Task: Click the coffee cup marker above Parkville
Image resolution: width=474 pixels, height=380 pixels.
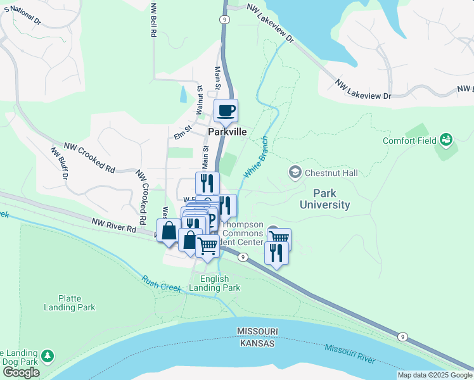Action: pos(226,111)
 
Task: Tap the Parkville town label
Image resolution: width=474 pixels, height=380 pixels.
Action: pos(227,133)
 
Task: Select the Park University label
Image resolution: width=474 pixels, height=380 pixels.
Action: pos(324,199)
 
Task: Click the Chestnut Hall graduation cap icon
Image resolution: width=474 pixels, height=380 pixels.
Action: pos(295,172)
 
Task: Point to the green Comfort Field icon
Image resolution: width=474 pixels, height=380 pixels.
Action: pos(447,139)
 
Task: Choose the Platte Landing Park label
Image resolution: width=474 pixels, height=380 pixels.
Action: pos(70,302)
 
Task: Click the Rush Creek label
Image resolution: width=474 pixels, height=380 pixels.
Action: pos(162,283)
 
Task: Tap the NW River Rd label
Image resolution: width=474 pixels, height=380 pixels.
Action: pos(114,224)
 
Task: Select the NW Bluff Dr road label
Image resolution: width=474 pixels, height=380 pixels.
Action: pos(59,164)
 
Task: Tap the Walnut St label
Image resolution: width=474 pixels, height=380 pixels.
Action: pos(199,100)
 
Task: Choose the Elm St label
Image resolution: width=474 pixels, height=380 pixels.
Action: pos(183,135)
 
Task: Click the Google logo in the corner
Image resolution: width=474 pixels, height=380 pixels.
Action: pos(21,372)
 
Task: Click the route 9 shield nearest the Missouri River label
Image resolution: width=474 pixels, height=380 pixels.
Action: pos(402,336)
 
